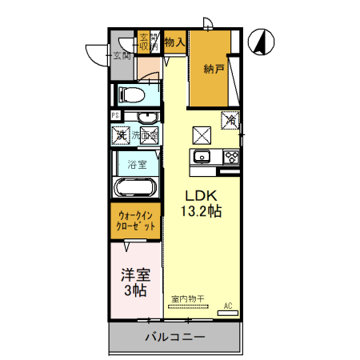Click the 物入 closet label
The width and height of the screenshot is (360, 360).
tap(174, 42)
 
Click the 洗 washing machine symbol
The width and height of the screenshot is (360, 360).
tap(120, 135)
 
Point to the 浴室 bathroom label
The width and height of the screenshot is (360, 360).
tap(138, 166)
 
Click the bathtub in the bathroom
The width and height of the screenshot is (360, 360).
tap(137, 189)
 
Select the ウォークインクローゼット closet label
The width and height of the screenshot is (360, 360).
tap(137, 221)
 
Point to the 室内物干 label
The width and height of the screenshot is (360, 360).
tap(188, 300)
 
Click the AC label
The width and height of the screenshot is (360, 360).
tap(228, 306)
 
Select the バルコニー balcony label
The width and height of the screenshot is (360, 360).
tap(174, 337)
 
